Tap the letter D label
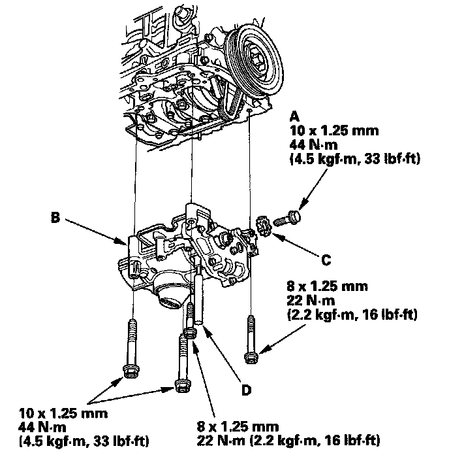(x=246, y=390)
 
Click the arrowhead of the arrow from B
(x=127, y=244)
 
